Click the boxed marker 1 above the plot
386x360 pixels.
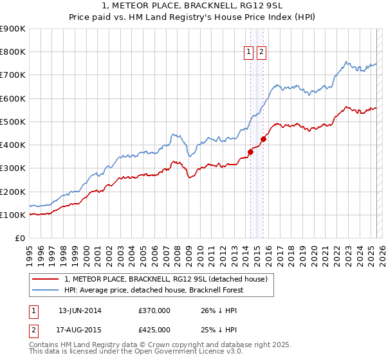coord(249,53)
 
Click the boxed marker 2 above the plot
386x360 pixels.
coord(262,53)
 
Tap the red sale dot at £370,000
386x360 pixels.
coord(250,152)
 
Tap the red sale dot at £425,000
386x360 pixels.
coord(264,139)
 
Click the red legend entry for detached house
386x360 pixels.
coord(170,279)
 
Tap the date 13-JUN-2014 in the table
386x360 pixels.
coord(80,310)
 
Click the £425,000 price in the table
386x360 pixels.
coord(154,330)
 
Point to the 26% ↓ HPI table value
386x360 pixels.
coord(219,310)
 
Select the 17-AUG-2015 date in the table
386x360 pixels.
coord(80,330)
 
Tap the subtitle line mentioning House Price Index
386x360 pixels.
coord(193,18)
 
